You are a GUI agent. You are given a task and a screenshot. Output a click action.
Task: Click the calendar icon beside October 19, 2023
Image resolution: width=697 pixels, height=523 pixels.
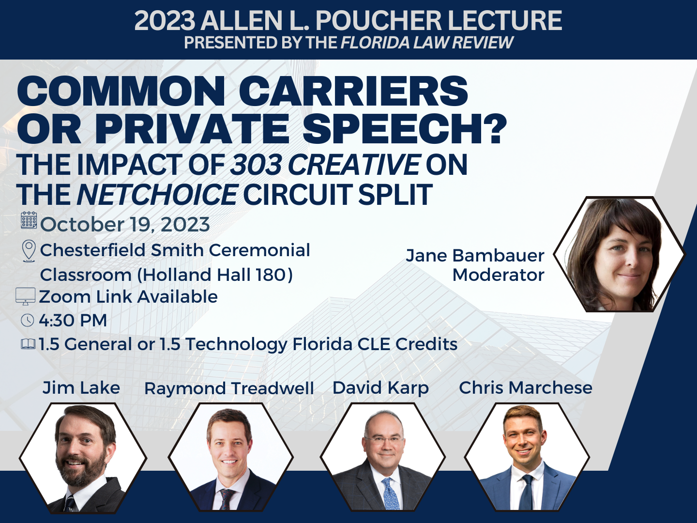pos(29,220)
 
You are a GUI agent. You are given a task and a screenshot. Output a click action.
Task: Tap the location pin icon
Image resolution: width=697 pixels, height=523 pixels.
pos(29,251)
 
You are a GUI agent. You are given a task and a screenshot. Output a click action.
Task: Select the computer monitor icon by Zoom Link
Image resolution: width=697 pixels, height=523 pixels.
pos(25,296)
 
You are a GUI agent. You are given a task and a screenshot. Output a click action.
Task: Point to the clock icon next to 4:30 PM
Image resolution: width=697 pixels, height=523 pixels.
pos(27,320)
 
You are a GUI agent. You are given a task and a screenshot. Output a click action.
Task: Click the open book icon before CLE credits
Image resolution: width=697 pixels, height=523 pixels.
pos(28,344)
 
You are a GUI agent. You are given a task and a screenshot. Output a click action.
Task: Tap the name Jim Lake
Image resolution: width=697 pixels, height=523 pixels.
pos(81,388)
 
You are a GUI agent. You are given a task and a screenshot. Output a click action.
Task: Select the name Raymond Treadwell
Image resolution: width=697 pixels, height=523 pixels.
pos(229,389)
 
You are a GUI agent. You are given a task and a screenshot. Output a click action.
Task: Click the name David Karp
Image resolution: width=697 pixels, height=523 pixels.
pos(380,388)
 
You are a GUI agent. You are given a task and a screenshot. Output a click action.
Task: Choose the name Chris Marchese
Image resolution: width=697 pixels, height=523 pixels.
pos(526,388)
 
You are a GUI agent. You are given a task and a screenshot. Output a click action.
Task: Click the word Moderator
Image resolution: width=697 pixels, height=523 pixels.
pos(498,275)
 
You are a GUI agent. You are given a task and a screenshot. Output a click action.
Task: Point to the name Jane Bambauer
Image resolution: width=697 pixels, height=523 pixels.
pos(475,256)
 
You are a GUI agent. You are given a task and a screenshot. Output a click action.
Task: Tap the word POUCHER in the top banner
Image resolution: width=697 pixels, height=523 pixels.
pos(378,21)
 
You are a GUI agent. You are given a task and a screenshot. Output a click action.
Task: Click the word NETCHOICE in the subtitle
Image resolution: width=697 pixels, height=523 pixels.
pos(157,194)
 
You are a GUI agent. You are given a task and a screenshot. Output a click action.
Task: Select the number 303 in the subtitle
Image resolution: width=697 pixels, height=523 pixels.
pos(256,165)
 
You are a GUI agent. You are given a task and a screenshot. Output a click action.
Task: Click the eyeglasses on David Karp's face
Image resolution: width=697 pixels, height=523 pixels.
pos(384,441)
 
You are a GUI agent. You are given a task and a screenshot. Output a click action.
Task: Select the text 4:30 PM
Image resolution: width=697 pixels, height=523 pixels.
pos(73,320)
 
